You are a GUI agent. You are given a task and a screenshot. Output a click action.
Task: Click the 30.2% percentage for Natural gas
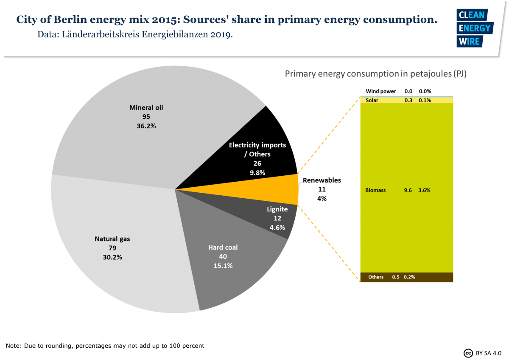tap(112, 257)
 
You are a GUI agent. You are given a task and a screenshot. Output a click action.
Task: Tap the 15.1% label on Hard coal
tap(223, 266)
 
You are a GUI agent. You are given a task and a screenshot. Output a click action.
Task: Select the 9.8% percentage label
tap(257, 173)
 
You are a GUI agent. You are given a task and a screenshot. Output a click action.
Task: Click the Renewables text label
tap(322, 180)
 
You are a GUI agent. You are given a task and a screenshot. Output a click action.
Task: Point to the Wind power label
tap(380, 91)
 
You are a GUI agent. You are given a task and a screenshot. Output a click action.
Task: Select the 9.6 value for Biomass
tap(408, 190)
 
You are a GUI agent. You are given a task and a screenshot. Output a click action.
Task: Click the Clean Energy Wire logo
tap(474, 28)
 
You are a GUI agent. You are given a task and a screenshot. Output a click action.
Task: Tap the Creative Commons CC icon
tap(468, 353)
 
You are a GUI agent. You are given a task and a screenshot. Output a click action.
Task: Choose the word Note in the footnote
tap(13, 346)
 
